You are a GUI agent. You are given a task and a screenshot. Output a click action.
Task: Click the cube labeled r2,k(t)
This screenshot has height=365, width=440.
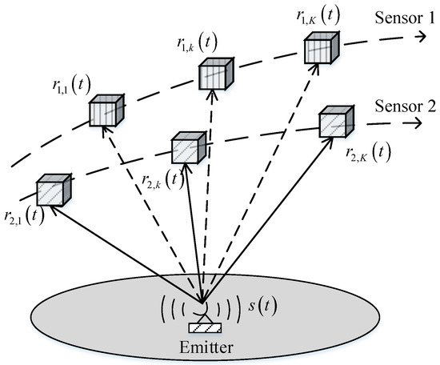click(190, 148)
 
